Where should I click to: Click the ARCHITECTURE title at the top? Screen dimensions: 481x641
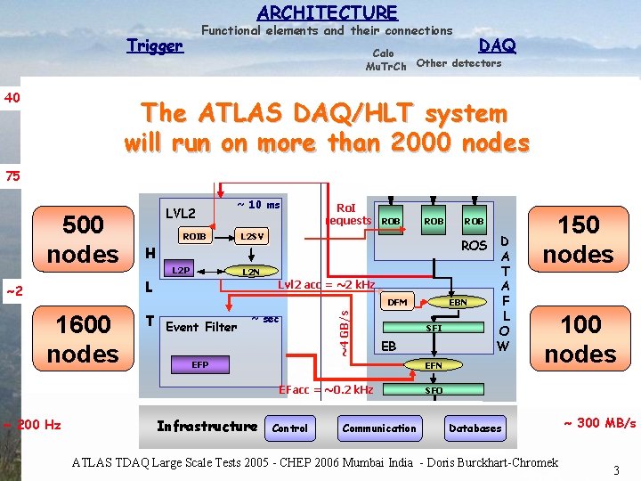coord(327,12)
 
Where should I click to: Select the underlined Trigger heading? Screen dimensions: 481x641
coord(154,45)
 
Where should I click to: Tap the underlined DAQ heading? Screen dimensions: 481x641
coord(497,45)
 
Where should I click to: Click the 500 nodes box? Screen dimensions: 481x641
coord(83,239)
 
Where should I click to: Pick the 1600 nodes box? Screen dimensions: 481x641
coord(83,338)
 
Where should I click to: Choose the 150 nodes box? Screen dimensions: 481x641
coord(578,239)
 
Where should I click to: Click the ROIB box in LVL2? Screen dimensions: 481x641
coord(195,236)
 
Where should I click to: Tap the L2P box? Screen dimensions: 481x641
coord(181,270)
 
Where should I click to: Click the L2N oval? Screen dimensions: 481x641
coord(252,271)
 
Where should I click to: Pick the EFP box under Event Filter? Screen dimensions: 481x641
coord(200,364)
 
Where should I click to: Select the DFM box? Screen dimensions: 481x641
coord(397,302)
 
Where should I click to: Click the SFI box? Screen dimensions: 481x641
coord(434,329)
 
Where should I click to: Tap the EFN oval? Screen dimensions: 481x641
coord(434,364)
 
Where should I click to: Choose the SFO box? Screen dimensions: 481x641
coord(434,390)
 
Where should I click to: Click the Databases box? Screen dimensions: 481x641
coord(475,428)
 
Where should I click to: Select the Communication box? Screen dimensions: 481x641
coord(379,428)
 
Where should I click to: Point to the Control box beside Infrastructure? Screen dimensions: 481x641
coord(289,428)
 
